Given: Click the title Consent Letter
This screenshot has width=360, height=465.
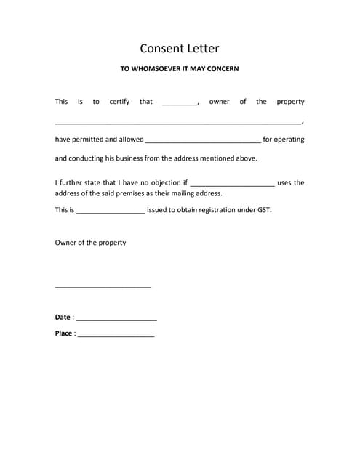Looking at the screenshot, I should pos(180,49).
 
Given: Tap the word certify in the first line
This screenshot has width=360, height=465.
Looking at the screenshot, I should pos(119,102).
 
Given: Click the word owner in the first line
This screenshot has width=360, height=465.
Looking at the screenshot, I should pos(219,102).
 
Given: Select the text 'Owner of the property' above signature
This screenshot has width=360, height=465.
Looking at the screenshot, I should pos(90,243).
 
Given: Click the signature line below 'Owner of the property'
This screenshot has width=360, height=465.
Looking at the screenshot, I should pos(103,288).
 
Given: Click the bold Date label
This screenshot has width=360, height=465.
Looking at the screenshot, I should pos(63,318).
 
